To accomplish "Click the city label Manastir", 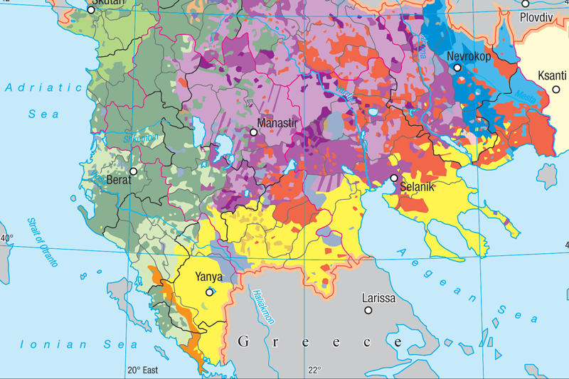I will [x=280, y=124].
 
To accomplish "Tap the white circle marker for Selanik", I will [x=393, y=178].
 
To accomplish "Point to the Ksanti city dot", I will [x=556, y=89].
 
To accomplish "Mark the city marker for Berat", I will [x=133, y=171].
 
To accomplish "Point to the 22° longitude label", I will [x=314, y=370].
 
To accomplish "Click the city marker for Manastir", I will [x=253, y=132].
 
